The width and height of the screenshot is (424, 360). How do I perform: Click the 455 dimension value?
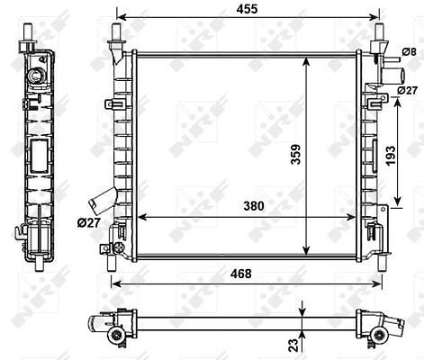247,9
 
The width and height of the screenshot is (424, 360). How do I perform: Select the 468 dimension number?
241,274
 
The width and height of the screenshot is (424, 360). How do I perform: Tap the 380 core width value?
254,206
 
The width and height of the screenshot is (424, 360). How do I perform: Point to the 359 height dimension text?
296,155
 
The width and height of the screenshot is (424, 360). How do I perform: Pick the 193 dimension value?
391,156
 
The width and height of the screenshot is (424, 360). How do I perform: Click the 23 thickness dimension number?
293,345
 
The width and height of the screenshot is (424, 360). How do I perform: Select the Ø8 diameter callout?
410,52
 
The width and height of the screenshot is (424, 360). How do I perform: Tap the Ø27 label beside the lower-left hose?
88,222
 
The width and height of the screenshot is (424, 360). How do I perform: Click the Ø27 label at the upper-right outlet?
407,90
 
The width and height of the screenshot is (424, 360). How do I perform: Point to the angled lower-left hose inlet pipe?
102,198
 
